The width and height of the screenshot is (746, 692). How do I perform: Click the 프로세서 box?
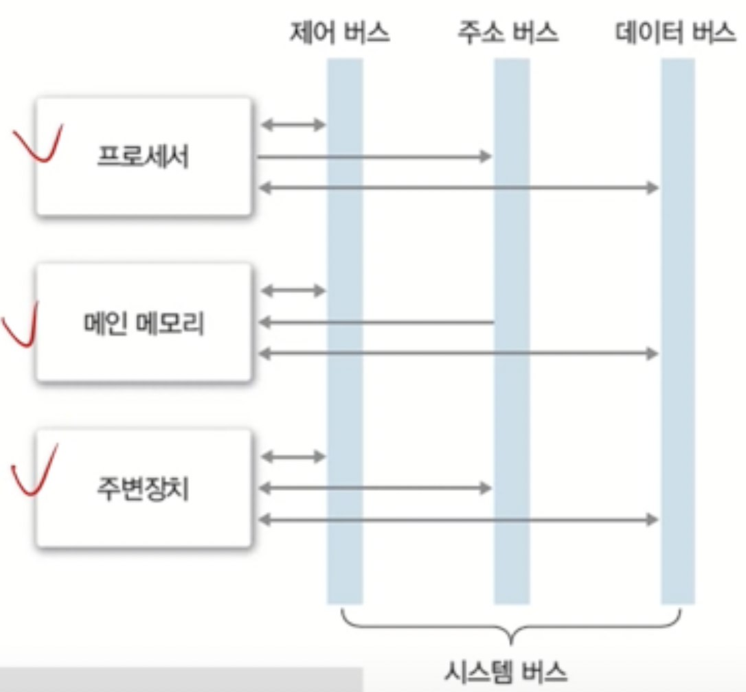[x=144, y=157]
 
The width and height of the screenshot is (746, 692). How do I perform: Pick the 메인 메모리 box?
[x=144, y=323]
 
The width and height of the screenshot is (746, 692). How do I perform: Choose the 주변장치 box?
[x=144, y=488]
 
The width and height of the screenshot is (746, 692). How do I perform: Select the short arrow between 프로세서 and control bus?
[x=293, y=125]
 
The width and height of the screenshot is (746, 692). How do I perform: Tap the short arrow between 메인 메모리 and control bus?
[x=293, y=290]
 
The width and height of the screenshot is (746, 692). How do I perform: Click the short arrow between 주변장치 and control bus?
[x=293, y=457]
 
